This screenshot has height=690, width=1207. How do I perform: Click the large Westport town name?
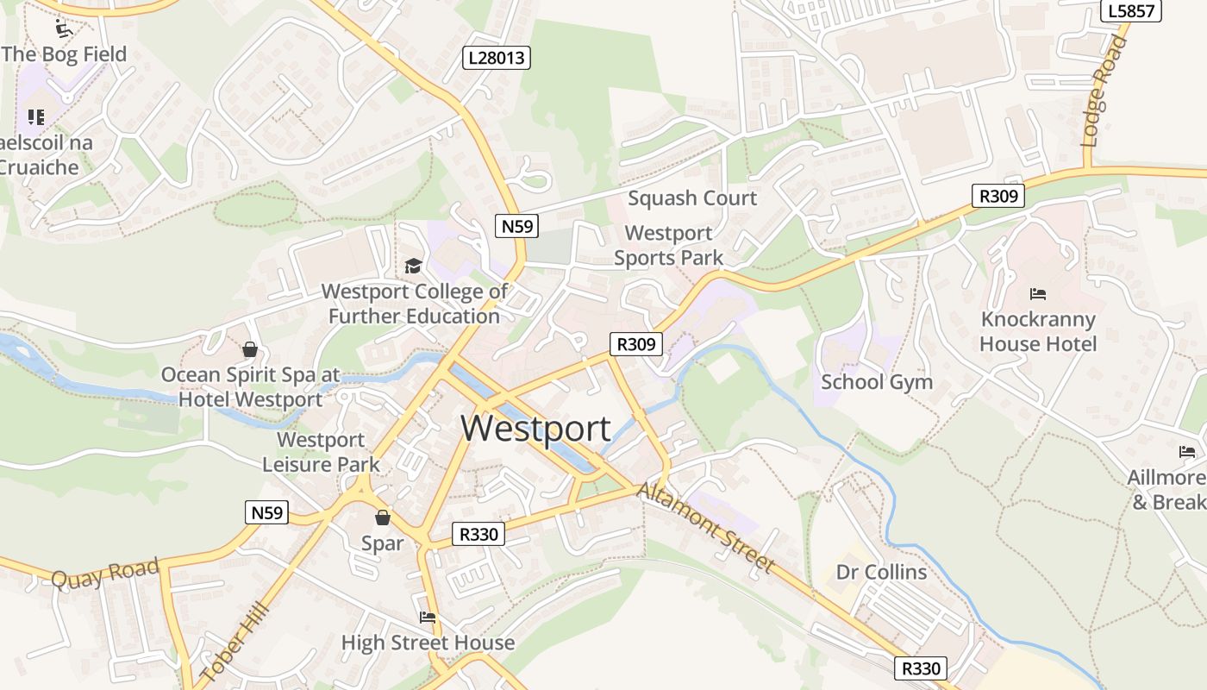[x=535, y=429]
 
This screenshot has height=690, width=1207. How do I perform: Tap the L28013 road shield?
[x=496, y=58]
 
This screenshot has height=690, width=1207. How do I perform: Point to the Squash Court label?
[x=692, y=198]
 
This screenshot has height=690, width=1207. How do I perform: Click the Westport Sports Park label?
[x=669, y=245]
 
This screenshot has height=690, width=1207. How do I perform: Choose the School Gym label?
[x=877, y=381]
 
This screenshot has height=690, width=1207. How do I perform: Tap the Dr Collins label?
[x=881, y=572]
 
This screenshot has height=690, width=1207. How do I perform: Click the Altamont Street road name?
[x=706, y=528]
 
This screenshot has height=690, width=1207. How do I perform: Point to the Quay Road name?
[x=105, y=574]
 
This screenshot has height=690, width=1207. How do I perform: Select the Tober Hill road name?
[x=235, y=642]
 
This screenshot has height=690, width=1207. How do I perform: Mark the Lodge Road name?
[x=1105, y=92]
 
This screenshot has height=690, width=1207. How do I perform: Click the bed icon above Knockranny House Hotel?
[x=1038, y=294]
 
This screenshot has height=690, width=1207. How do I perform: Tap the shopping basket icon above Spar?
[x=382, y=517]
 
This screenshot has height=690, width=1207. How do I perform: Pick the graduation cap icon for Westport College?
[x=414, y=266]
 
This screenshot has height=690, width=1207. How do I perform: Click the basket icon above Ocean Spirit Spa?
[x=250, y=349]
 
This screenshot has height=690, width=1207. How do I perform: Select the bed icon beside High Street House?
[x=428, y=618]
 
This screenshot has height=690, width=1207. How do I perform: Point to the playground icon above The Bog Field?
[x=64, y=29]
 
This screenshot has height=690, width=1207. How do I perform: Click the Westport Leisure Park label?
[x=321, y=452]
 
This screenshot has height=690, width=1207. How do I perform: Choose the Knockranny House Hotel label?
[x=1038, y=332]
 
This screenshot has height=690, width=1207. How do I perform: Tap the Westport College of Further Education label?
[x=415, y=304]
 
